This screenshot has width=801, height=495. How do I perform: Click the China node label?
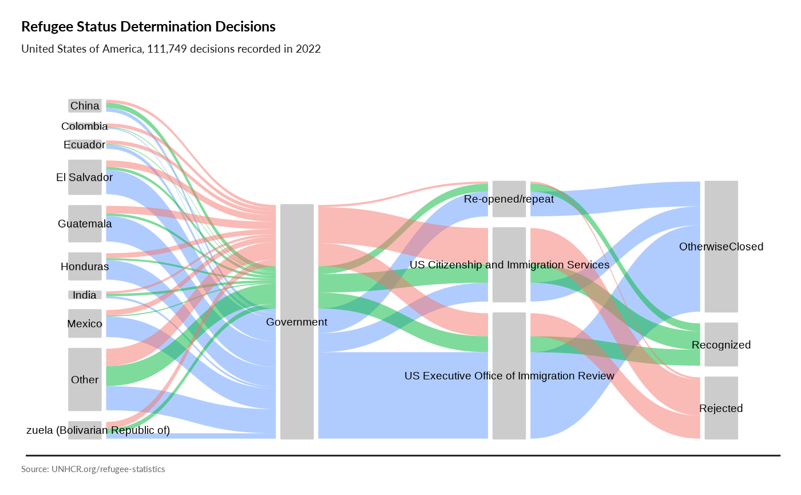coord(85,106)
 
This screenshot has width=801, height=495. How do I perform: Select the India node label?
coord(85,295)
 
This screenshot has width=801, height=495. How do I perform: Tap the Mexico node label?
coord(85,324)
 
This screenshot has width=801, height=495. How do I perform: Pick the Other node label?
coord(85,380)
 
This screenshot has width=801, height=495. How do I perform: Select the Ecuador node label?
coord(85,145)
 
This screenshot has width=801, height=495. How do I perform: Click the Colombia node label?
coord(85,126)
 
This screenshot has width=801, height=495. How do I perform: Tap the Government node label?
coord(296,322)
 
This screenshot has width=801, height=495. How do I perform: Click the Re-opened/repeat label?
coord(509,199)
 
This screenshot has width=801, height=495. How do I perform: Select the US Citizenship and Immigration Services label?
coord(509,265)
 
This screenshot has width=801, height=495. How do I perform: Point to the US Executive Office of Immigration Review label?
coord(509,376)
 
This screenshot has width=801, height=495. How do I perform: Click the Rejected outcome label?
coord(720,409)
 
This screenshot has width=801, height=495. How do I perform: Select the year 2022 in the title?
coord(308,49)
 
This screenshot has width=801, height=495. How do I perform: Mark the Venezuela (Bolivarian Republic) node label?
coord(118,430)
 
